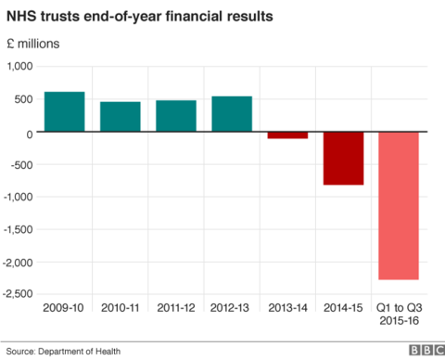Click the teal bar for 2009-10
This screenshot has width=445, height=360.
point(64,112)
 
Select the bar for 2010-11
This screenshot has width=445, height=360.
point(120,118)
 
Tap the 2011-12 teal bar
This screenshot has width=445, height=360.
point(175,117)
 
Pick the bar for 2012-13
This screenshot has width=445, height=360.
point(231,114)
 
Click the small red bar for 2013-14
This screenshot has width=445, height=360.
point(287,136)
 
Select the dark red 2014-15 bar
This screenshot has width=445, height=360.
point(343,159)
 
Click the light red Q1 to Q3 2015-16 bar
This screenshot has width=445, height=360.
point(399,206)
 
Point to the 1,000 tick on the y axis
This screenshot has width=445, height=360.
point(19,67)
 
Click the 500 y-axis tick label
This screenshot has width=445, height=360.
point(24,100)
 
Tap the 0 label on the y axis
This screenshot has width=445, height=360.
point(31,133)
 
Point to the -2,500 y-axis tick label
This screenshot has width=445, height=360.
point(18,294)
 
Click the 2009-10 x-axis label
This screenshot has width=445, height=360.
point(64,307)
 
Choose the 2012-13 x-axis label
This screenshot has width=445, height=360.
point(231,307)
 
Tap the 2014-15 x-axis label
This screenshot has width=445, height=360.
point(343,307)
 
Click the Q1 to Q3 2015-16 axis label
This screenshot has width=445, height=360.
point(399,314)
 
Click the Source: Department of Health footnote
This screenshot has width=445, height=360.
point(63,350)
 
